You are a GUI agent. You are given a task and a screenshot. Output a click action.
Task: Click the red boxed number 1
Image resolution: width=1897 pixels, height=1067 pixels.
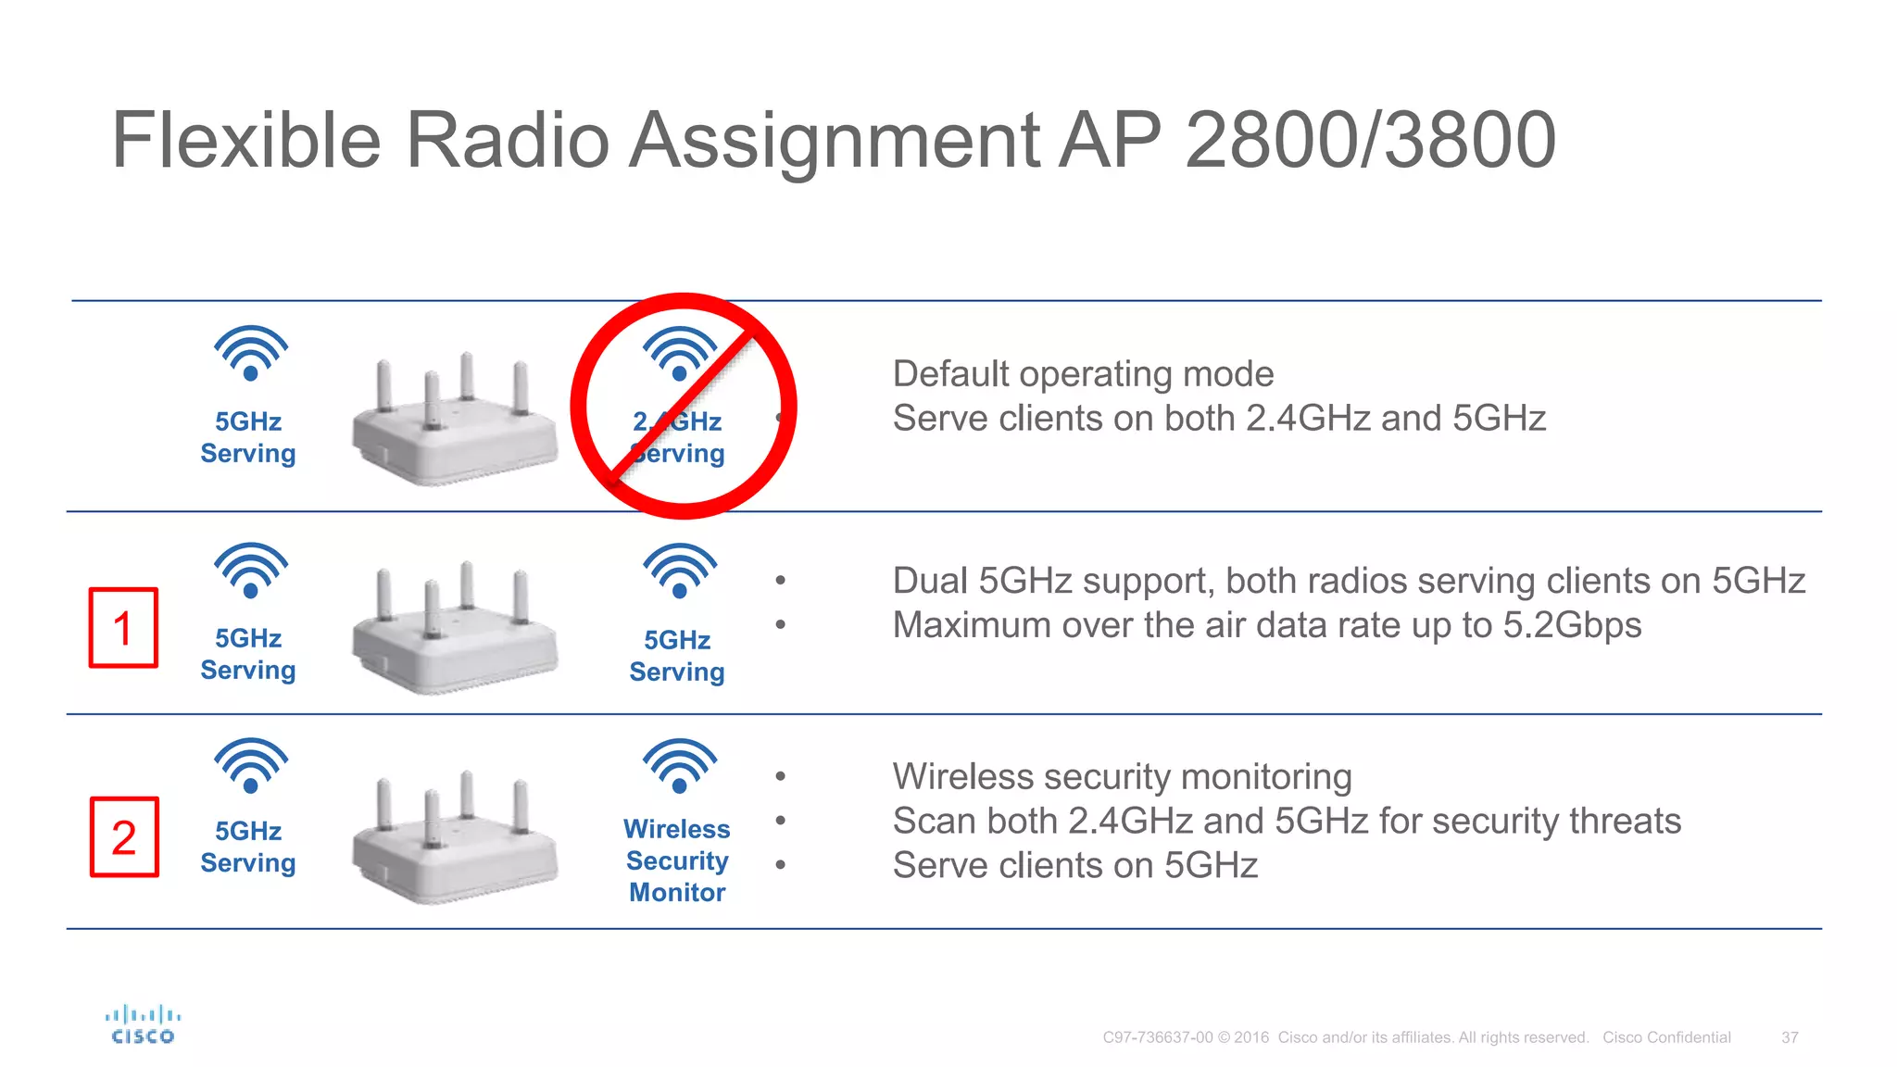123,628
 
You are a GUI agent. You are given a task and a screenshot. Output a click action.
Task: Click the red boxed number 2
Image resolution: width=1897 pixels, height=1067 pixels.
124,837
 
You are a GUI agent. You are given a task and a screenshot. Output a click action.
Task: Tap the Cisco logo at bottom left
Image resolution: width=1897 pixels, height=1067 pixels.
143,1024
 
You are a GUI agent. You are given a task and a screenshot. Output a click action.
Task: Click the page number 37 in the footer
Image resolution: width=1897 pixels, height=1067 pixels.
1790,1037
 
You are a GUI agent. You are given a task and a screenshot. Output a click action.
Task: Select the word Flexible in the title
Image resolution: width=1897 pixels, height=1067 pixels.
246,140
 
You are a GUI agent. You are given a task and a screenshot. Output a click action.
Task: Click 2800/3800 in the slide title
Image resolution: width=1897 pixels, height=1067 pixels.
1370,140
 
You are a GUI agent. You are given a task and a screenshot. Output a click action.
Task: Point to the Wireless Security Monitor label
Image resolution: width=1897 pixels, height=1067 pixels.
677,860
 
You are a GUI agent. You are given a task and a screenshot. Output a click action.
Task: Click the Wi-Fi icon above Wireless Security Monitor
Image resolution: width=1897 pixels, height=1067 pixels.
680,765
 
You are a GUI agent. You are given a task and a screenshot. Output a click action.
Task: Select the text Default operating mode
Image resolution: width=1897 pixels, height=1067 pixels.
1083,374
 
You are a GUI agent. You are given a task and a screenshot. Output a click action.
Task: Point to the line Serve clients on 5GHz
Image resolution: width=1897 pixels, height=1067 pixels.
1074,865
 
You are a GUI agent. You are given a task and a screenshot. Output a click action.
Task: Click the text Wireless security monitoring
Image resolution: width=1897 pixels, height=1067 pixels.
1122,776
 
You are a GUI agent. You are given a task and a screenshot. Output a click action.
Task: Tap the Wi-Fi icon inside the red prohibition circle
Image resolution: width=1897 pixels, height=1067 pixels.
680,353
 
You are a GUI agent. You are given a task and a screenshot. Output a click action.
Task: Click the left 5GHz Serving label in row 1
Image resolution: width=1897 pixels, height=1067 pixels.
248,654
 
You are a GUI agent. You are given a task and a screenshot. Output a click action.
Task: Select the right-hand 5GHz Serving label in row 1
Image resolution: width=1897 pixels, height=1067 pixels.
677,656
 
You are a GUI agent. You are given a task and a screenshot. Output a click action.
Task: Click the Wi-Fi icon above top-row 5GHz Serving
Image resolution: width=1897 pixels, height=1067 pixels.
251,352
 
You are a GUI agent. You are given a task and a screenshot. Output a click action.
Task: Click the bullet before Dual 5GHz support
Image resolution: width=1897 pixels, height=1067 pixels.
781,581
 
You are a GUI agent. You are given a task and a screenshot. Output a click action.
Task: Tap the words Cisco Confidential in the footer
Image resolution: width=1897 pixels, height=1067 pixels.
1666,1037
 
